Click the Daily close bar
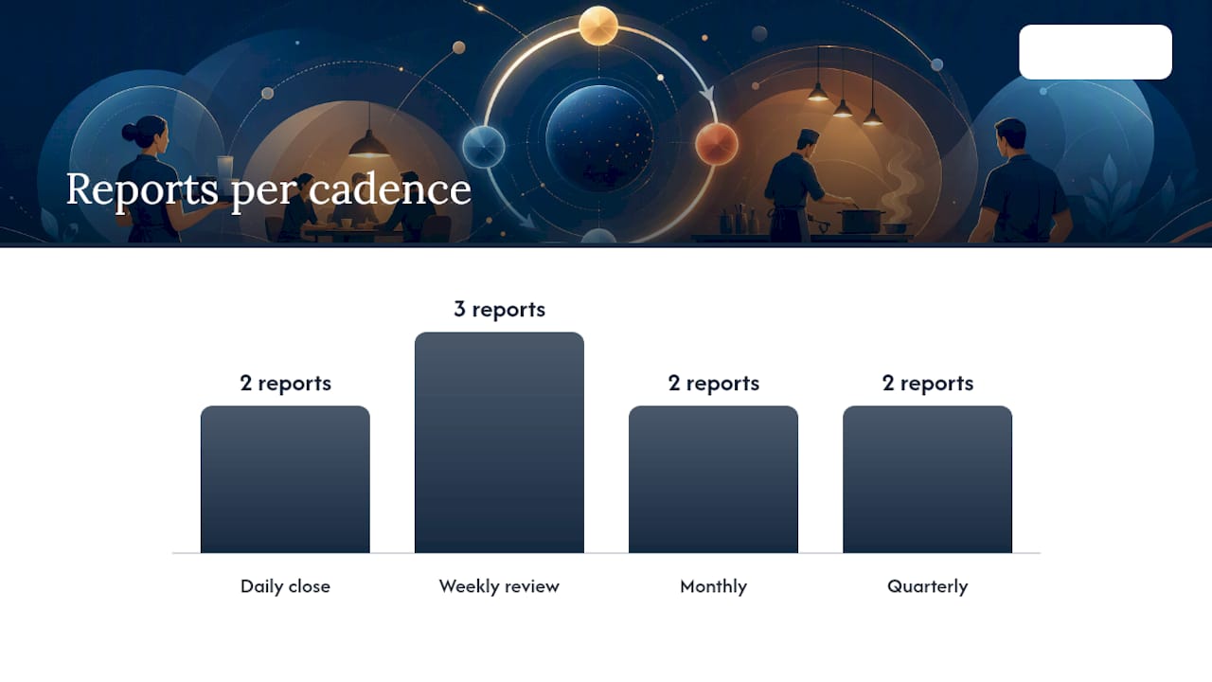point(285,479)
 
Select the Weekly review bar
point(499,442)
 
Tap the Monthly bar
point(713,479)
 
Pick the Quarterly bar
point(927,479)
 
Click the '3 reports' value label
point(499,310)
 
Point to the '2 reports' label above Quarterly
point(927,384)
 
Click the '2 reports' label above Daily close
point(285,384)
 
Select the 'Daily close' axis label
point(285,586)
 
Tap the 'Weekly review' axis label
point(499,586)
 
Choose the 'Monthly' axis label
point(713,586)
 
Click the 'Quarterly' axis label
point(927,586)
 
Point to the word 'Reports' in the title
point(142,189)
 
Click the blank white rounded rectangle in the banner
point(1096,52)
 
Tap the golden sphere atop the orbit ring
point(598,26)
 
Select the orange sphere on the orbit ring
point(717,144)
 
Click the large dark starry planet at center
point(599,138)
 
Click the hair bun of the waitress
point(130,132)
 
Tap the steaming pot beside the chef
point(861,221)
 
